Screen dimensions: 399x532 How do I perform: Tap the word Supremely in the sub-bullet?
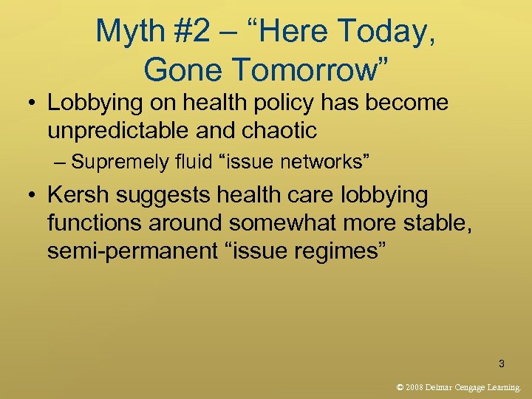click(112, 161)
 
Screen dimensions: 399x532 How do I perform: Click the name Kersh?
click(78, 195)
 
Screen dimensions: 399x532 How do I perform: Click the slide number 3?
click(502, 364)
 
